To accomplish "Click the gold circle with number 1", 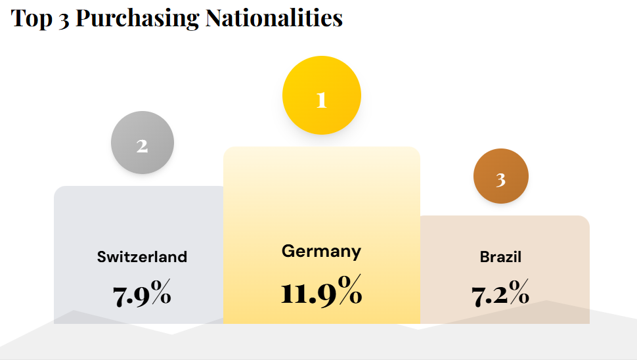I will pyautogui.click(x=321, y=96).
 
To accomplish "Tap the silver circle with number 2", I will pyautogui.click(x=143, y=143).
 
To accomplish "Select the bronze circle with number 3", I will pyautogui.click(x=501, y=176).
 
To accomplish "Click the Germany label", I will pyautogui.click(x=321, y=251).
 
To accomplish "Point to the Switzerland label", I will pyautogui.click(x=142, y=256).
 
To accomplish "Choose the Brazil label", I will pyautogui.click(x=500, y=256).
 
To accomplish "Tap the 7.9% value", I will pyautogui.click(x=142, y=295).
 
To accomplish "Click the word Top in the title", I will pyautogui.click(x=30, y=18).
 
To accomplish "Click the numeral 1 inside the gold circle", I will pyautogui.click(x=321, y=100).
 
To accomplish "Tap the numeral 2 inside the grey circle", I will pyautogui.click(x=142, y=146).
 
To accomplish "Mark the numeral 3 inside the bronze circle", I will pyautogui.click(x=500, y=179).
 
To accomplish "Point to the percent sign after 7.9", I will pyautogui.click(x=160, y=294).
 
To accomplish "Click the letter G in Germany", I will pyautogui.click(x=287, y=251).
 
